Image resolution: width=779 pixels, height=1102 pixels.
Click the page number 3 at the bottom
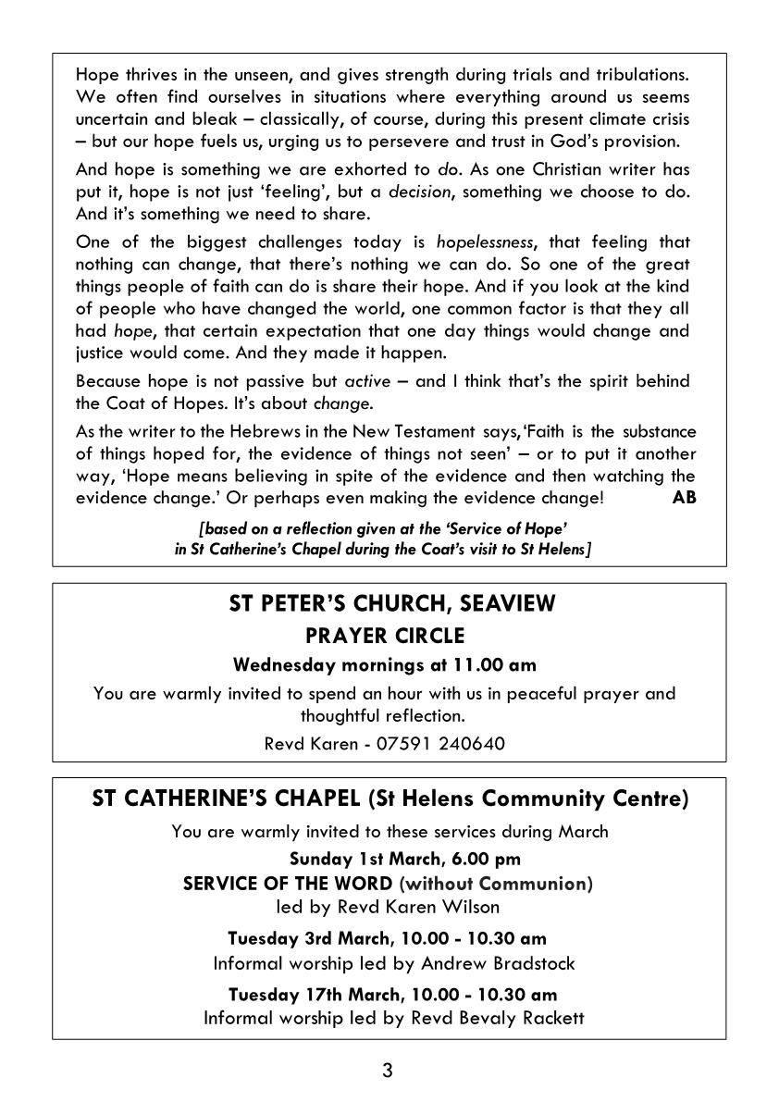(x=388, y=1071)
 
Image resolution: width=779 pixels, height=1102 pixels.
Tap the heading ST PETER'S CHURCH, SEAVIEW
(x=392, y=604)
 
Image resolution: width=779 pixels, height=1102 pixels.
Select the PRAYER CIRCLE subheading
(x=384, y=636)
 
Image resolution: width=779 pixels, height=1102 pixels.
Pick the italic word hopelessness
(x=485, y=242)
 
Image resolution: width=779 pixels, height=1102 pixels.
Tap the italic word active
(x=367, y=381)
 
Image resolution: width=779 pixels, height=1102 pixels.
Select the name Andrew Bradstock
(x=498, y=963)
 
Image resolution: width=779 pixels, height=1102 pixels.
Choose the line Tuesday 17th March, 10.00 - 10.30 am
(x=392, y=995)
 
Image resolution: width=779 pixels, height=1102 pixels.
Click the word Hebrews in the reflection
(x=265, y=431)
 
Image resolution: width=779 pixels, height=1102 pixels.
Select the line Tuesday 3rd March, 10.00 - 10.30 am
(x=387, y=939)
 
